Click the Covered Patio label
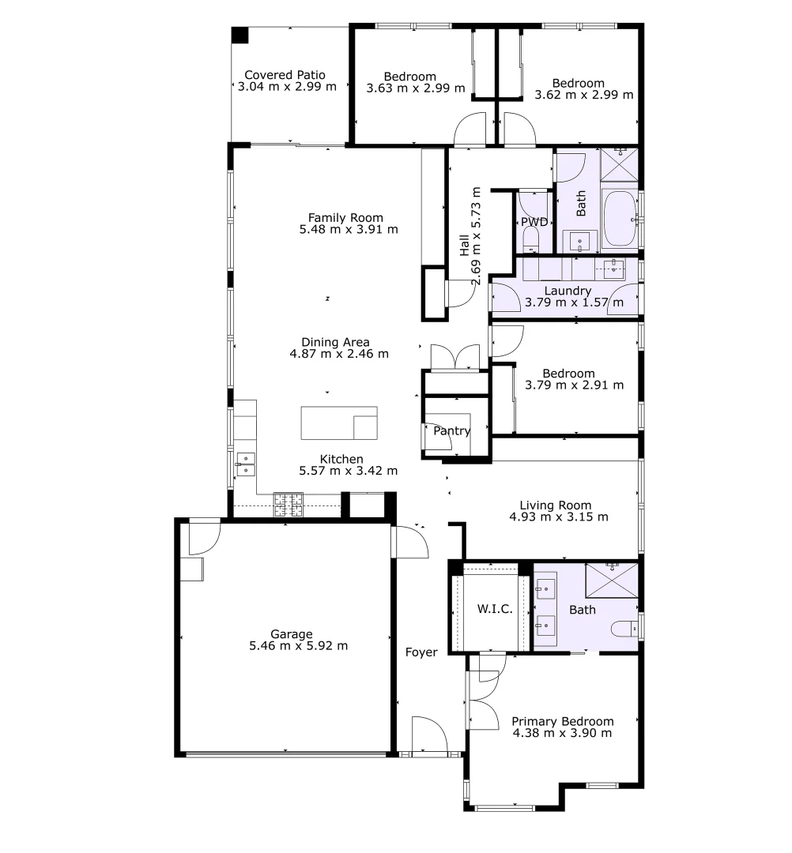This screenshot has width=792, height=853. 285,75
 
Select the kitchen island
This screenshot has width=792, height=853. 338,423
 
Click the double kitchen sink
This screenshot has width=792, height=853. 246,464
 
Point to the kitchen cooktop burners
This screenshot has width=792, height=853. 289,505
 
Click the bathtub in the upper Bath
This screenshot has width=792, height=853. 619,219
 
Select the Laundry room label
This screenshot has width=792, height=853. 568,291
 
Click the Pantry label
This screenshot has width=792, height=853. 452,431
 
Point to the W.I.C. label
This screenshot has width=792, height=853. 496,609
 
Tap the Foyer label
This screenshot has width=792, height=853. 421,652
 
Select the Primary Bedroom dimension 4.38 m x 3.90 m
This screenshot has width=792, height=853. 562,733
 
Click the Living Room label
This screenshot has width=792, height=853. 555,505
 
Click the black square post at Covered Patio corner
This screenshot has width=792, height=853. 239,36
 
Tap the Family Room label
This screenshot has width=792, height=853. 345,218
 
